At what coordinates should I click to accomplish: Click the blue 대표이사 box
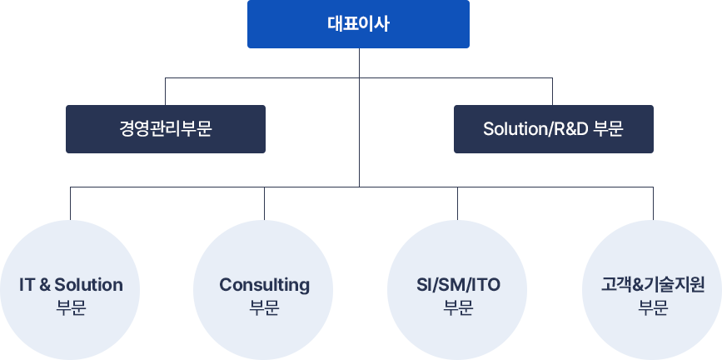click(x=358, y=24)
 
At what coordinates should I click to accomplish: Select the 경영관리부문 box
click(x=166, y=129)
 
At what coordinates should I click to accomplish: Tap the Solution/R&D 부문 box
click(x=554, y=129)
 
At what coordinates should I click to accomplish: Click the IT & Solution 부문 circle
click(x=70, y=290)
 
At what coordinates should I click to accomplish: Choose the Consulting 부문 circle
click(x=264, y=290)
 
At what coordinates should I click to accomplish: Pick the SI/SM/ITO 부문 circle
click(x=457, y=290)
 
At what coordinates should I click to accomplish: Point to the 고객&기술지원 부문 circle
click(x=652, y=290)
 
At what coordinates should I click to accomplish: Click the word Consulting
click(x=264, y=285)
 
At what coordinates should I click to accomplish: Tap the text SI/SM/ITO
click(x=458, y=285)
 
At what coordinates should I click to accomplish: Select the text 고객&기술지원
click(x=653, y=285)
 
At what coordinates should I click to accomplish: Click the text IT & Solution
click(x=71, y=285)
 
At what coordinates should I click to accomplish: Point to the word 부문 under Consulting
click(x=264, y=307)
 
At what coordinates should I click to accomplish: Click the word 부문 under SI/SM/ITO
click(x=458, y=307)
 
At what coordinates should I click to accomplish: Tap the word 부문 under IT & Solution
click(x=71, y=307)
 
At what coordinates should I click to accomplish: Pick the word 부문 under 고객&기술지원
click(x=653, y=307)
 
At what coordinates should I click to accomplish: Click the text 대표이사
click(x=358, y=24)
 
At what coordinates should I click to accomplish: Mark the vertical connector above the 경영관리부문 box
click(x=166, y=92)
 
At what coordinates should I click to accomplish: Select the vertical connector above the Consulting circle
click(x=264, y=203)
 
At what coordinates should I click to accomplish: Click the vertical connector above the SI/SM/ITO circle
click(x=457, y=203)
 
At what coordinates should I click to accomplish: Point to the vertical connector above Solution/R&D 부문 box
click(x=553, y=92)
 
